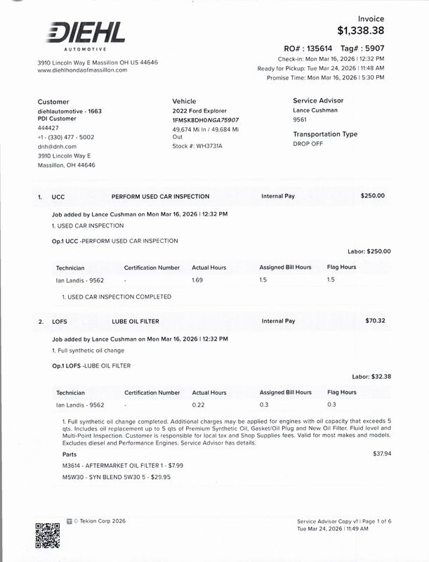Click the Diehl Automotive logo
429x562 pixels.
click(x=86, y=35)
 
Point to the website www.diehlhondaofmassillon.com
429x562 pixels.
click(x=82, y=70)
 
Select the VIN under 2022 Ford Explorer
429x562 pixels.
click(x=205, y=120)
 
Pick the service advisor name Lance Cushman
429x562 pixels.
click(x=315, y=110)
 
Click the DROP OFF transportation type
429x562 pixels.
click(x=308, y=143)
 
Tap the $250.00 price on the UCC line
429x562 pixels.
click(x=372, y=196)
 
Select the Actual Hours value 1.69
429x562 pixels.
click(x=197, y=280)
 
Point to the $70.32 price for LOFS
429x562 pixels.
click(x=375, y=321)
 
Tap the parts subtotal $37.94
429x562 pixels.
click(x=382, y=454)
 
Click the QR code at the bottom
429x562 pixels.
click(x=47, y=535)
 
